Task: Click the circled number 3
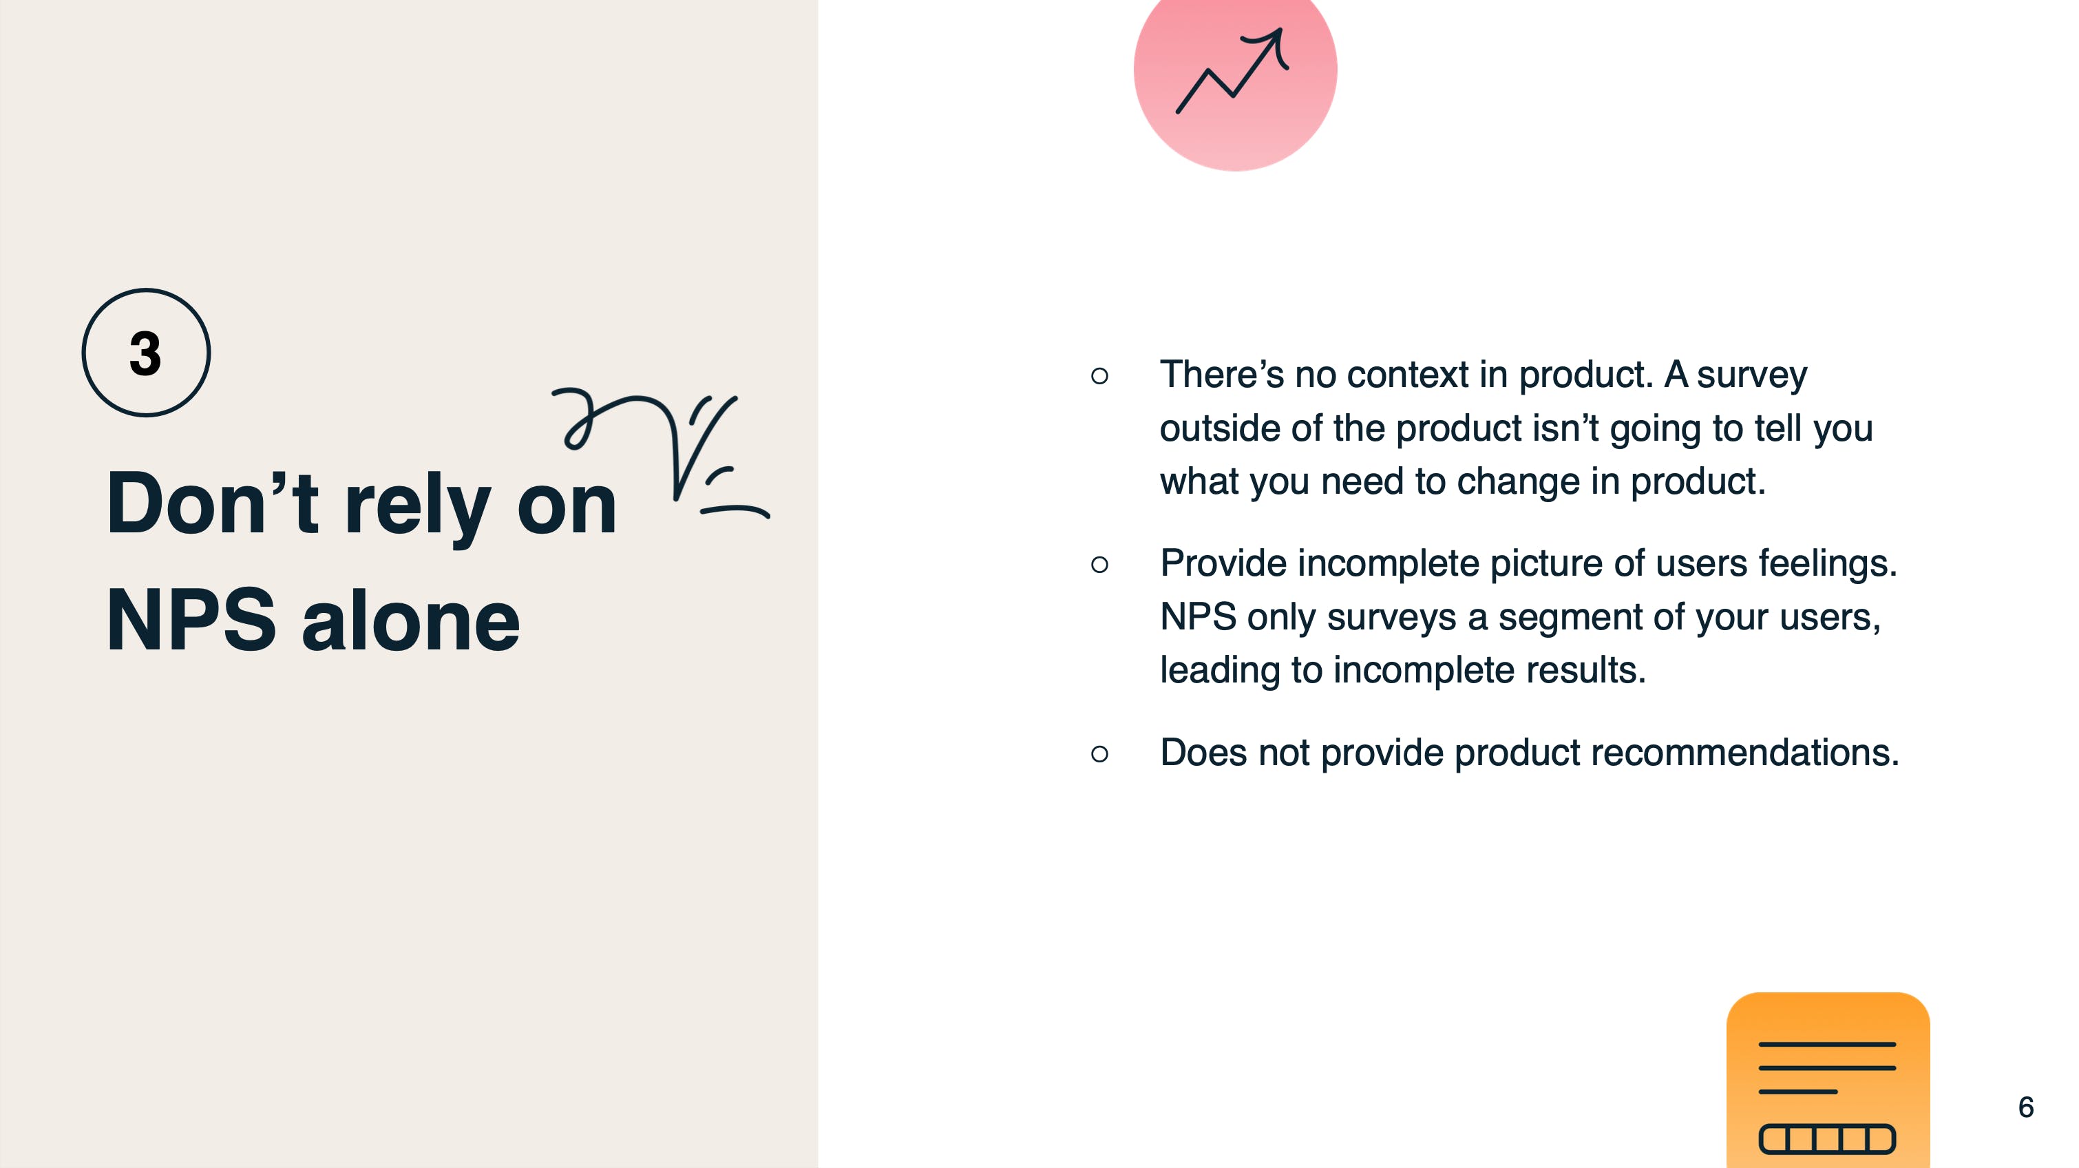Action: coord(146,353)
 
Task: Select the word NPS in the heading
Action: coord(191,619)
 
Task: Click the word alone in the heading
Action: coord(411,619)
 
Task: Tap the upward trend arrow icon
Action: coord(1232,71)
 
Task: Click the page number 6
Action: coord(2026,1107)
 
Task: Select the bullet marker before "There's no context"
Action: coord(1099,375)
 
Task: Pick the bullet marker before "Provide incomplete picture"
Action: coord(1099,564)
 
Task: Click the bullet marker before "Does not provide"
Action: coord(1099,754)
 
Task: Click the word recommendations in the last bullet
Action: coord(1745,752)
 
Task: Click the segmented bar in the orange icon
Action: coord(1827,1139)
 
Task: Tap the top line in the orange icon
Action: coord(1827,1045)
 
